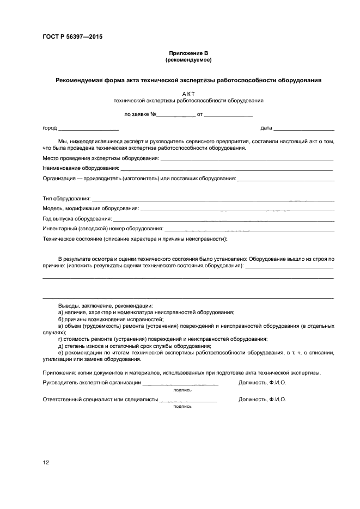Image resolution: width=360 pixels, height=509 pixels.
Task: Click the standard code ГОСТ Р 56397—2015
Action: coord(72,37)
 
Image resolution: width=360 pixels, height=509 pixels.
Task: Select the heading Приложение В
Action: coord(188,53)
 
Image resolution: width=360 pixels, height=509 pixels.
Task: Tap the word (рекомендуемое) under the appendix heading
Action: coord(188,59)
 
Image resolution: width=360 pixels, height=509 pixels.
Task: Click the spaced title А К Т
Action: coord(188,94)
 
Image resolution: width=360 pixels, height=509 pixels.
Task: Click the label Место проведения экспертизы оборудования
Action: coord(101,158)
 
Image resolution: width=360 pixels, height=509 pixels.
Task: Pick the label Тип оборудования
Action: coord(66,199)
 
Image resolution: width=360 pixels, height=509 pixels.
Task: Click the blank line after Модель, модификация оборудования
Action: coord(237,209)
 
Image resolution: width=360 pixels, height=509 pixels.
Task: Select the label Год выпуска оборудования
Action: coord(77,219)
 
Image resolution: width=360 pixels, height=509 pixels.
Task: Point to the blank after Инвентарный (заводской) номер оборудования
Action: coord(249,229)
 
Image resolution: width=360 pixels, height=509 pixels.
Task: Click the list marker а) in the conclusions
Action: coord(61,312)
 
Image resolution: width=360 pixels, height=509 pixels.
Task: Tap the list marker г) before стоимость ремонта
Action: coord(60,339)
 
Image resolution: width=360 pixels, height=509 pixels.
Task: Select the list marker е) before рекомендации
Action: coord(61,353)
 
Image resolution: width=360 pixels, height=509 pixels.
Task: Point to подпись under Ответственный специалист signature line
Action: coord(182,406)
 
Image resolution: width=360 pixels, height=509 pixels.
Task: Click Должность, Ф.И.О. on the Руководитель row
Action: coord(262,383)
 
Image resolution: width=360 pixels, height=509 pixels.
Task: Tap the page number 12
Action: coord(46,463)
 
